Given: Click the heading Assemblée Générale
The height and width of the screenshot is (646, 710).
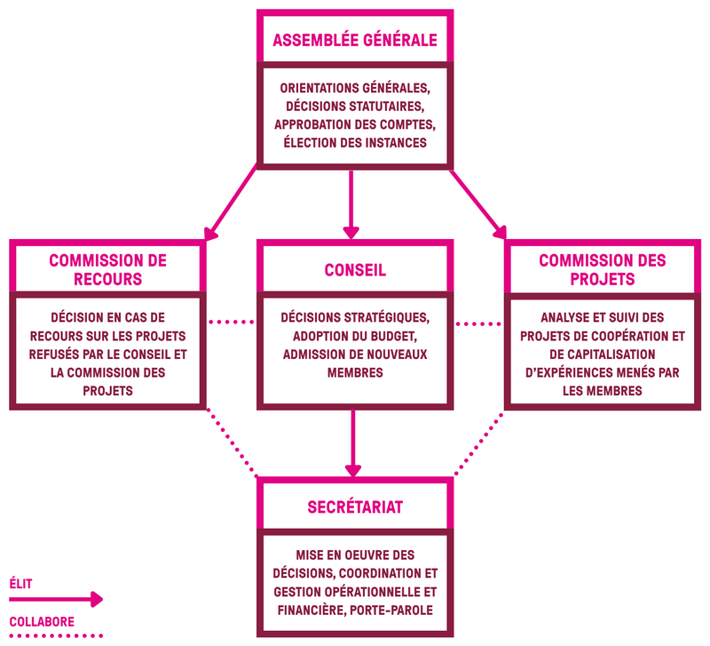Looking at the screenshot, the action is tap(355, 40).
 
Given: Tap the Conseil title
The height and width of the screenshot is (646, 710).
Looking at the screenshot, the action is tap(355, 270).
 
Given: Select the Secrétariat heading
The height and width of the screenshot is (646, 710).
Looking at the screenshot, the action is tap(355, 506).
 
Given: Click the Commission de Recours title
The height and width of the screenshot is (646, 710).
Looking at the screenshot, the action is tap(107, 270).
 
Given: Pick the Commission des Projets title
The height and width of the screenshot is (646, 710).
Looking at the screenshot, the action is tap(603, 270).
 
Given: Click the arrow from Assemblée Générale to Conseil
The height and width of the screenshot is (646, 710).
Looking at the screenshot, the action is tap(351, 204).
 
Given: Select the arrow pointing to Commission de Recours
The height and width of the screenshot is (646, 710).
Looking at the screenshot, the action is tap(231, 203).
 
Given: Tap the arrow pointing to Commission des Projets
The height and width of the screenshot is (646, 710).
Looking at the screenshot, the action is tap(478, 204).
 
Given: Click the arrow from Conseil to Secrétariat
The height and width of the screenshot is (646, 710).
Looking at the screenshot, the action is tap(352, 443).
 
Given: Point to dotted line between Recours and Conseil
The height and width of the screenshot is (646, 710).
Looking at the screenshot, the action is tap(232, 323).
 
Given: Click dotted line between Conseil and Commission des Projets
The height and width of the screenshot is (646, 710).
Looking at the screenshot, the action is tap(478, 324).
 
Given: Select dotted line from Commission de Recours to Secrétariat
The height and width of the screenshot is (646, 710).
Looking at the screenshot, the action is tap(233, 443).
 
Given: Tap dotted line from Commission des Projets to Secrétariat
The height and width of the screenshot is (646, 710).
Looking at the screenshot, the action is tap(478, 444).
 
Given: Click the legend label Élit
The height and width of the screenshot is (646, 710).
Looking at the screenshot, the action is tap(20, 584).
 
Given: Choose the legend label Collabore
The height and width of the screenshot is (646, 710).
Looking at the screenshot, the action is tap(42, 621).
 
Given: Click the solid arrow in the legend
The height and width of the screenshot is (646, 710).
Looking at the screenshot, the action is tap(56, 599).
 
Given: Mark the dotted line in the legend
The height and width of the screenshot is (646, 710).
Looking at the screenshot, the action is tap(56, 636).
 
